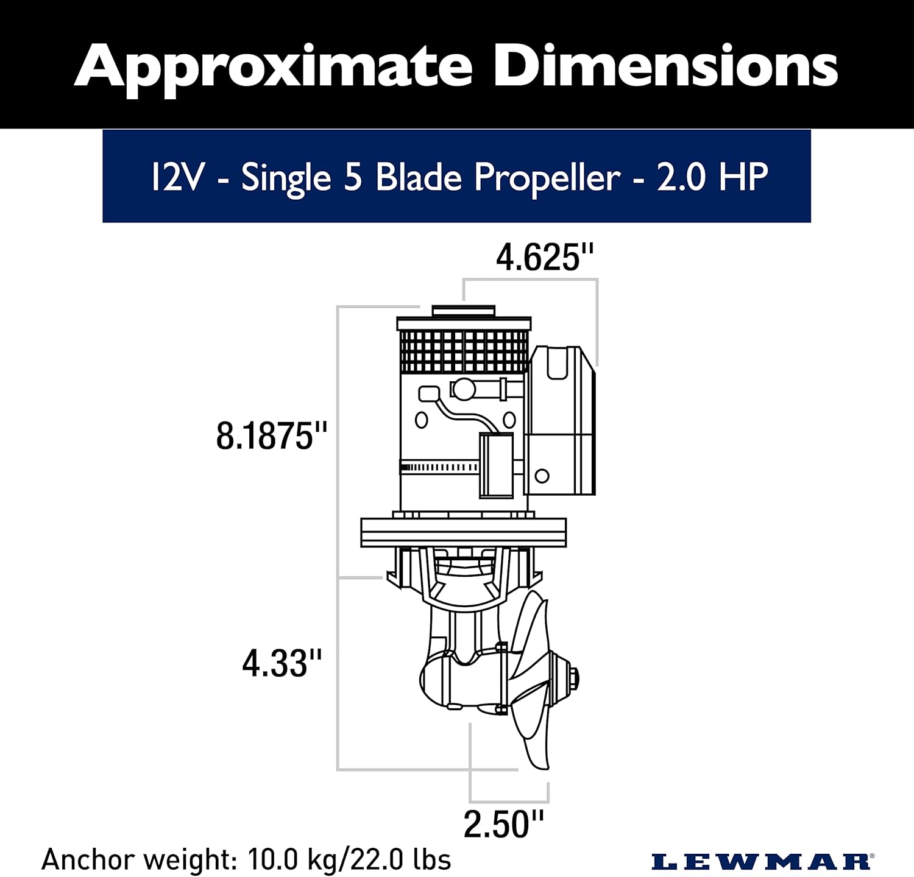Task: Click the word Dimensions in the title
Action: [665, 66]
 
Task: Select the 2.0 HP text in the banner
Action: [712, 178]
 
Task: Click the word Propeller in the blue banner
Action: [547, 178]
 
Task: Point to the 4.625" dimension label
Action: [545, 258]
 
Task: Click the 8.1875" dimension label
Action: [272, 436]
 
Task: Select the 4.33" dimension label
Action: [282, 663]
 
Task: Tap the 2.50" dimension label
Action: [503, 825]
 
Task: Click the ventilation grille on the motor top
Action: [463, 351]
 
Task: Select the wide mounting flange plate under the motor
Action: [463, 532]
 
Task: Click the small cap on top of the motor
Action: [463, 311]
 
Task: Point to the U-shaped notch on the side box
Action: [557, 364]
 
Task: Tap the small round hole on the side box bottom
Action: [542, 476]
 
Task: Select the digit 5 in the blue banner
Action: [353, 178]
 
